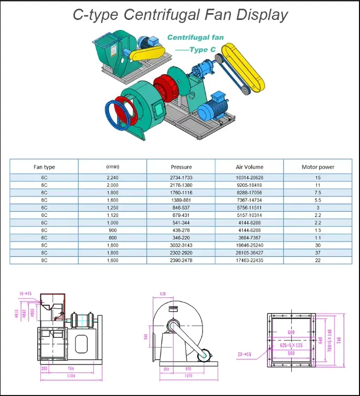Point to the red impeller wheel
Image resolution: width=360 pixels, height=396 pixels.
(167, 87)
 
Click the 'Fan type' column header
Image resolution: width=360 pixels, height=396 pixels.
(44, 167)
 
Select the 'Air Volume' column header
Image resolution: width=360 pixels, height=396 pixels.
(249, 167)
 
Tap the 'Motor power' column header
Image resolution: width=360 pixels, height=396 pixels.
(317, 167)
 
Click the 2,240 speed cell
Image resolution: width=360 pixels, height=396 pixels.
(112, 178)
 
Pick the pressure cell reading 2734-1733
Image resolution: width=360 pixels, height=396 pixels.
(181, 178)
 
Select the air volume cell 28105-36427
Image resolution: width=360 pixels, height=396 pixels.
(249, 253)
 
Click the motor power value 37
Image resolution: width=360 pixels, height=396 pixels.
(317, 253)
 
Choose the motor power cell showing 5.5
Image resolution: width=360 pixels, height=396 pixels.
(317, 201)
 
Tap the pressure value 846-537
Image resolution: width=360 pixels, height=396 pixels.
(181, 208)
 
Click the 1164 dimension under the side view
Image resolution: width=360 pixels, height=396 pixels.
(70, 376)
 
